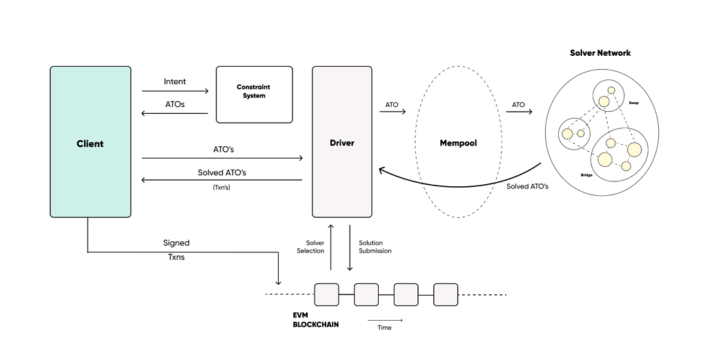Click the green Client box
pyautogui.click(x=90, y=143)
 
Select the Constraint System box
pyautogui.click(x=253, y=94)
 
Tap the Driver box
pyautogui.click(x=342, y=143)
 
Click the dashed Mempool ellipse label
pyautogui.click(x=458, y=143)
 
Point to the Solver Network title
pyautogui.click(x=600, y=53)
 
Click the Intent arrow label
pyautogui.click(x=175, y=81)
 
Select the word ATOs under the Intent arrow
pyautogui.click(x=175, y=104)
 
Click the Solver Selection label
pyautogui.click(x=310, y=247)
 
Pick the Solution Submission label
pyautogui.click(x=375, y=247)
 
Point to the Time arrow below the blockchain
pyautogui.click(x=384, y=320)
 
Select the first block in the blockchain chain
pyautogui.click(x=326, y=294)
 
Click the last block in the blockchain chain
pyautogui.click(x=446, y=294)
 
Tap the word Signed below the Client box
pyautogui.click(x=176, y=243)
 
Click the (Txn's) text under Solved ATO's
pyautogui.click(x=221, y=187)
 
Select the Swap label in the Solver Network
pyautogui.click(x=633, y=101)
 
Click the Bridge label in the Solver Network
pyautogui.click(x=586, y=175)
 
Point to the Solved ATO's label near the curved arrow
pyautogui.click(x=527, y=186)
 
